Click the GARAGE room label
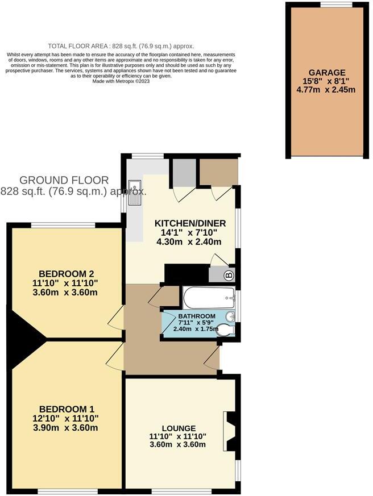[x=327, y=72]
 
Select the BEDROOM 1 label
[x=67, y=409]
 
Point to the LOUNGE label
[x=178, y=428]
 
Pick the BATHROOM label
[x=197, y=316]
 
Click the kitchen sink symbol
[x=135, y=193]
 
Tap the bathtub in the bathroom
[x=209, y=297]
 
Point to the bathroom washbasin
[x=229, y=316]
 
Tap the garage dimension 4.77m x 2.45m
[x=327, y=90]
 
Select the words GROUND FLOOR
[x=64, y=180]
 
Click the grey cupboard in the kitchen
[x=183, y=172]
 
